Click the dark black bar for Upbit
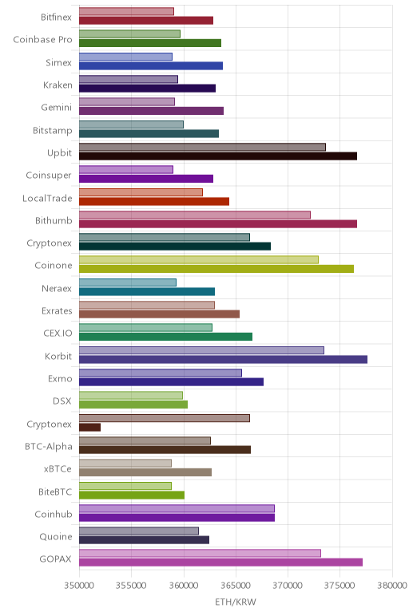pos(218,156)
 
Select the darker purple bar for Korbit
pos(223,359)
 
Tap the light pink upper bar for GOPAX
pos(200,553)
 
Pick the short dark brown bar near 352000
pos(89,427)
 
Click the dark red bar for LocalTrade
pos(154,202)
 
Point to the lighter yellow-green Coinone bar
pos(199,259)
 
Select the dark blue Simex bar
pos(151,66)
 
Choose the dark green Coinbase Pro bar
pos(150,43)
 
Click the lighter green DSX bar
pos(131,395)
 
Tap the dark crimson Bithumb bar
pos(218,224)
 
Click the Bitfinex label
pos(56,17)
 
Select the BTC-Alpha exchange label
pos(49,446)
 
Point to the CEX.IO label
pos(58,334)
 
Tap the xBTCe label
pos(58,469)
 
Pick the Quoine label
pos(56,537)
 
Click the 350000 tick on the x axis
pos(79,586)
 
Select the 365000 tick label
pos(236,586)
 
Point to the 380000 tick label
pos(391,586)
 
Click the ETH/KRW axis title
pos(236,602)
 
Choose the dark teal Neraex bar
pos(147,291)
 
